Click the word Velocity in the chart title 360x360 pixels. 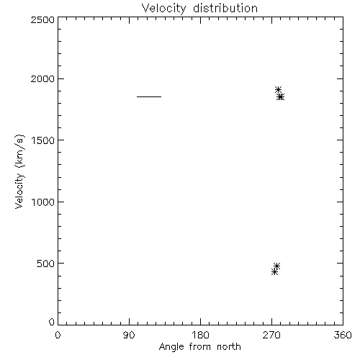163,9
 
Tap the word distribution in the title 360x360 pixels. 225,8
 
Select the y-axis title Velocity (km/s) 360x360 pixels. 19,171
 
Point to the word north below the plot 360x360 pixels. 229,347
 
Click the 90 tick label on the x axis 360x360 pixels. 129,335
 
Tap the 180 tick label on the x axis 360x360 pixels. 200,335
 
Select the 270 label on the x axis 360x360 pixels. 271,335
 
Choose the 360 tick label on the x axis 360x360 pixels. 343,335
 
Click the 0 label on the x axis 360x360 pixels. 58,335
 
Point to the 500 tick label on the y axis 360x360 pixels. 46,264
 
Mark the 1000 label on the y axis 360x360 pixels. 43,202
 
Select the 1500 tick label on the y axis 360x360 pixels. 43,140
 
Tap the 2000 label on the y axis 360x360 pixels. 42,79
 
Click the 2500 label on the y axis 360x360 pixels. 42,19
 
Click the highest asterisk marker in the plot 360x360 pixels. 278,90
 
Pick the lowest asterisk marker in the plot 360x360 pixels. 274,272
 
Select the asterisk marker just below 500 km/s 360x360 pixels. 276,266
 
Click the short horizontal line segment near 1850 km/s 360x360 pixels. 149,96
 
